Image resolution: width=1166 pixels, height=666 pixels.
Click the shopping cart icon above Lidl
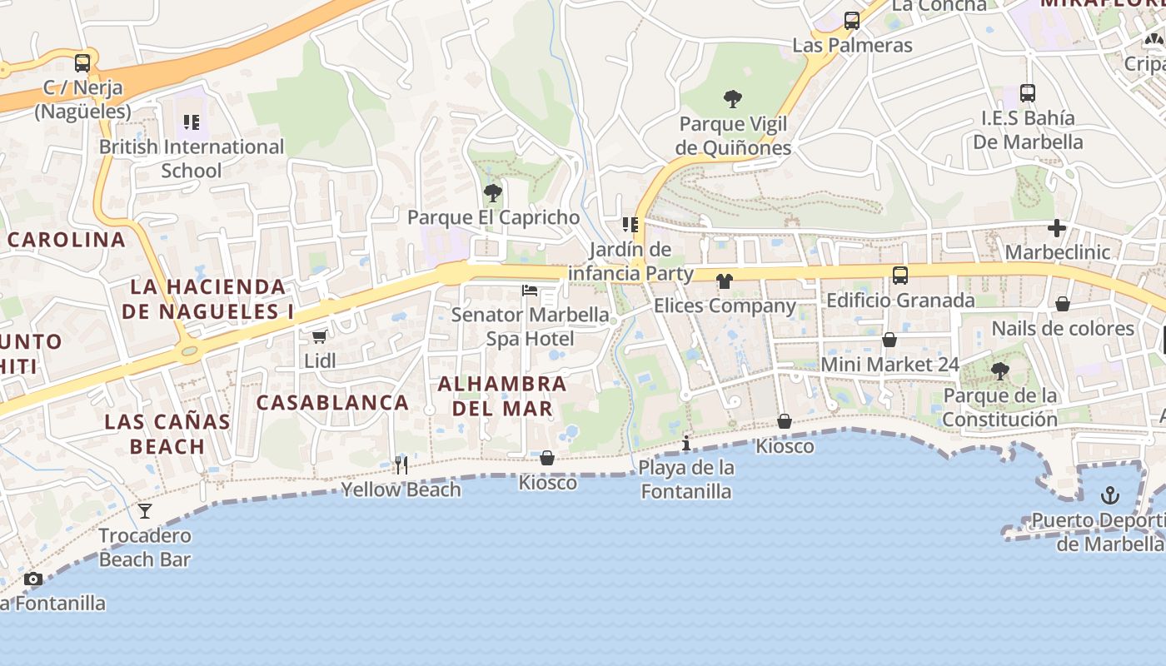tap(319, 337)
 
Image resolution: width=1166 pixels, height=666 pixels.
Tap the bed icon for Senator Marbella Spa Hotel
tap(530, 291)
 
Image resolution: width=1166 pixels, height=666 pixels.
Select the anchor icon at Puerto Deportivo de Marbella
tap(1109, 496)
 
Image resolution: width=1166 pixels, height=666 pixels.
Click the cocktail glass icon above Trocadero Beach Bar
tap(146, 510)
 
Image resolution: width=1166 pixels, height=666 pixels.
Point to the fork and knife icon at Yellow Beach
tap(401, 465)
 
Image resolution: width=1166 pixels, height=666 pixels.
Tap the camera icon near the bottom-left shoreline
tap(33, 579)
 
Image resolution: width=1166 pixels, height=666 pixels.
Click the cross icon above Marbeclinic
tap(1057, 228)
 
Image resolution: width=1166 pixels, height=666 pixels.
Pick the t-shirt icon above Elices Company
tap(724, 281)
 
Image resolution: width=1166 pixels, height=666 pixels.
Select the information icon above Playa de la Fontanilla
tap(686, 443)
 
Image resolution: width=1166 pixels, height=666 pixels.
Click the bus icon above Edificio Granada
tap(900, 276)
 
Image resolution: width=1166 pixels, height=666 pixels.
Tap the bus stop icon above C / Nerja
tap(82, 62)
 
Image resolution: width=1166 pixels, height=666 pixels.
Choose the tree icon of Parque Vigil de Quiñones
tap(733, 100)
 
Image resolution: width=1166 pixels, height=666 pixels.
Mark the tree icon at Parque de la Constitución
tap(999, 371)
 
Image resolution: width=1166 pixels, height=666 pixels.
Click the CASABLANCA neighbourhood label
tap(332, 403)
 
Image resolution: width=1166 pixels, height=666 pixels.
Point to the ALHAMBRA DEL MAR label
tap(502, 396)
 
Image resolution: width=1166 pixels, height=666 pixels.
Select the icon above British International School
tap(192, 123)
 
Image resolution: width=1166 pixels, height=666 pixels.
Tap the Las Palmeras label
tap(852, 45)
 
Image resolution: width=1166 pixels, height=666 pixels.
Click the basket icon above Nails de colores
tap(1063, 305)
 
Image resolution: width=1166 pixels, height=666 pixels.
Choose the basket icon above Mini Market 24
tap(889, 340)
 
